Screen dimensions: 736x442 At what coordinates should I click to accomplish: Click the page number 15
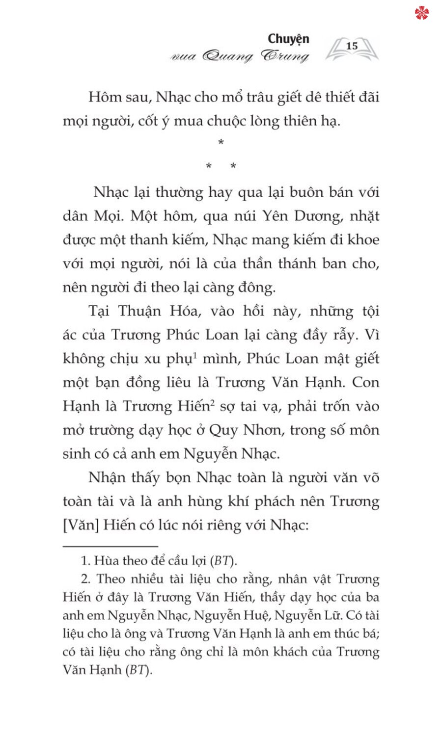(352, 46)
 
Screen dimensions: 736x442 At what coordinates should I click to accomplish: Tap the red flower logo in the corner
(421, 12)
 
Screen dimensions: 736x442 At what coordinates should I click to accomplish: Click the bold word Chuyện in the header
(289, 39)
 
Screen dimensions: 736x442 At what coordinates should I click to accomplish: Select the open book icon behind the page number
(352, 49)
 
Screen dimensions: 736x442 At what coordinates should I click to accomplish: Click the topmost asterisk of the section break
(221, 143)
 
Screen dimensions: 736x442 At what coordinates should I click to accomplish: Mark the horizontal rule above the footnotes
(110, 546)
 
